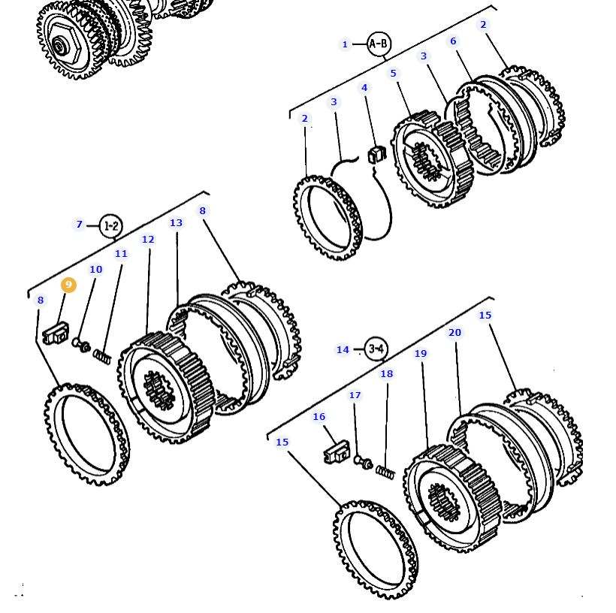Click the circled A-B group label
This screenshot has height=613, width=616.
pos(379,44)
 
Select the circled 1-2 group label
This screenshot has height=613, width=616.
pos(110,225)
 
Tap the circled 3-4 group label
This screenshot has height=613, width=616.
pos(376,349)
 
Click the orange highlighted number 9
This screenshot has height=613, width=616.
pos(68,285)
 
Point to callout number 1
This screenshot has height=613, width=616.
pos(346,44)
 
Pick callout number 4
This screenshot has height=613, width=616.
pos(365,88)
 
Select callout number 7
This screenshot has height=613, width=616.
pos(79,225)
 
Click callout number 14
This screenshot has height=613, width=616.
pos(343,349)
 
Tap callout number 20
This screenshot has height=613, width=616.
pos(454,333)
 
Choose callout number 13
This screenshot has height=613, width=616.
pos(176,223)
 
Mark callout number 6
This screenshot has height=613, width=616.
pos(453,41)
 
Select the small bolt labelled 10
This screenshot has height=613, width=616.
pos(80,345)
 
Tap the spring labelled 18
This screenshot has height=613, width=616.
pos(385,473)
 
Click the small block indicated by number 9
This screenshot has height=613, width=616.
pos(56,334)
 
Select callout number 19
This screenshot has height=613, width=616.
pos(420,354)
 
